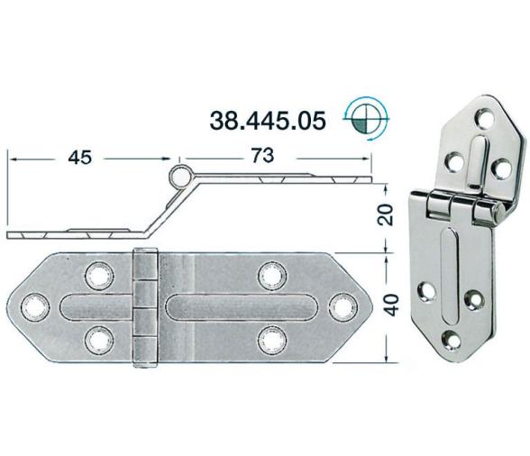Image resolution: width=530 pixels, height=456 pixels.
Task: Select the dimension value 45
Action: point(80,158)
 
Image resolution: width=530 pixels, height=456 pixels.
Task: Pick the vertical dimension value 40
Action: point(386,306)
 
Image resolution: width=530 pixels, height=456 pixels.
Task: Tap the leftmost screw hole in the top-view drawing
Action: point(37,307)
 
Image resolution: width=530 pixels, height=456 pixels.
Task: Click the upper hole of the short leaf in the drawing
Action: point(96,273)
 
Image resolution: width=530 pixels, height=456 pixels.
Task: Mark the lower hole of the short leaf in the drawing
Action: point(96,340)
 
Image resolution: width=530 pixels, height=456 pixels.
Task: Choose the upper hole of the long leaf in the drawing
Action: point(269,273)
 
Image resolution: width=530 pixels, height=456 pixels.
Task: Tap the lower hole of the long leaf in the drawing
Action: point(269,340)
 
